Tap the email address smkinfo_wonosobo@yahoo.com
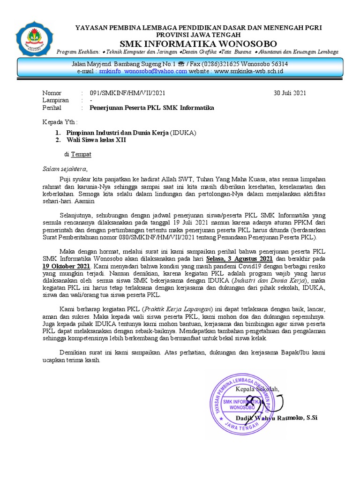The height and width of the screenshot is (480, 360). pos(143,71)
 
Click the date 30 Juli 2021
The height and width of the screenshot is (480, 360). pos(290,93)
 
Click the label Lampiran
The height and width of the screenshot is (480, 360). pos(55,100)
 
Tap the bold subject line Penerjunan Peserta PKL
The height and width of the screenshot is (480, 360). pos(152,108)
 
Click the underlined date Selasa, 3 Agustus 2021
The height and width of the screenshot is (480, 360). pos(239,259)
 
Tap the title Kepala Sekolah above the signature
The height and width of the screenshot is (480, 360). pos(257,389)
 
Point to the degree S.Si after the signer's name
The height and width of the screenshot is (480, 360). pos(311,417)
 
